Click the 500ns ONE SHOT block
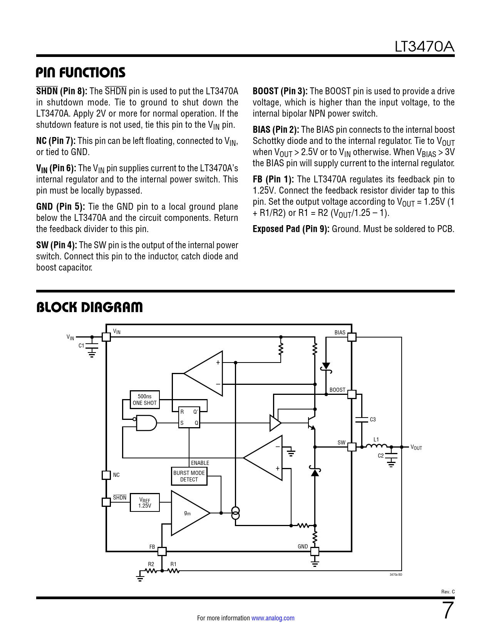[x=145, y=399]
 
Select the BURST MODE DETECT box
[x=189, y=476]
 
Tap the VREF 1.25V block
[x=145, y=502]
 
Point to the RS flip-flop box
[x=189, y=417]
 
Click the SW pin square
[x=352, y=447]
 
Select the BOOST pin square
[x=352, y=394]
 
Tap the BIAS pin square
[x=352, y=337]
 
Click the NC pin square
[x=106, y=475]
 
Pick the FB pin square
[x=162, y=551]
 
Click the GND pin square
[x=315, y=551]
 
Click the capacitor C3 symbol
[x=362, y=419]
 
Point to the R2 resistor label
[x=151, y=564]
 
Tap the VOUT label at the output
[x=416, y=448]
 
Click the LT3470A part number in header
[x=424, y=47]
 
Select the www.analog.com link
[x=273, y=618]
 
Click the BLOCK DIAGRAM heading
[x=89, y=307]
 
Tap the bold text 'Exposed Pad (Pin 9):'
[x=291, y=229]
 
